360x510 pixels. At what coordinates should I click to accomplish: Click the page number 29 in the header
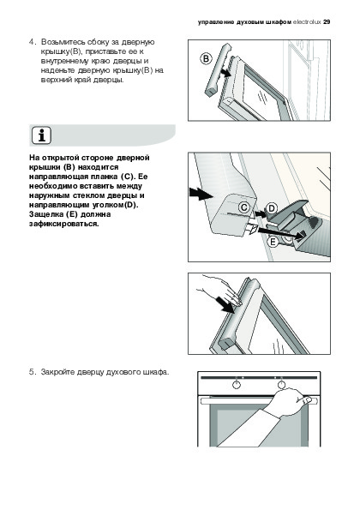pyautogui.click(x=327, y=22)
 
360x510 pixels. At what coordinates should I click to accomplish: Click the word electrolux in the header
pyautogui.click(x=307, y=22)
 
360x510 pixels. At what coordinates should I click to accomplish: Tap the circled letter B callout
pyautogui.click(x=206, y=59)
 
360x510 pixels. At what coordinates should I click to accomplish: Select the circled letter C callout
pyautogui.click(x=244, y=207)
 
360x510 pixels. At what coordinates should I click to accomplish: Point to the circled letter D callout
pyautogui.click(x=272, y=208)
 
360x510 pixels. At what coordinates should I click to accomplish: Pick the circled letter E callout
pyautogui.click(x=273, y=242)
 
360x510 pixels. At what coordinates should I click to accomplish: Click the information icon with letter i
pyautogui.click(x=42, y=135)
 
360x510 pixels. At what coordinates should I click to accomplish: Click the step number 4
pyautogui.click(x=32, y=42)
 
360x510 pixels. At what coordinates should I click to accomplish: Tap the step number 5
pyautogui.click(x=32, y=372)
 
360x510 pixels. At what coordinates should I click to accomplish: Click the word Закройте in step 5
pyautogui.click(x=58, y=372)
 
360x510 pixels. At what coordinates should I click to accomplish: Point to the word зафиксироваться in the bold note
pyautogui.click(x=63, y=224)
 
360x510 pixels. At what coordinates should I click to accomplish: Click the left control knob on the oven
pyautogui.click(x=237, y=385)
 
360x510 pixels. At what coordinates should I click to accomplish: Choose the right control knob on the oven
pyautogui.click(x=281, y=385)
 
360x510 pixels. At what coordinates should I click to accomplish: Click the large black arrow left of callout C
pyautogui.click(x=201, y=195)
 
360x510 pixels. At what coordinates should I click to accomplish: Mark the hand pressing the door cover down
pyautogui.click(x=221, y=290)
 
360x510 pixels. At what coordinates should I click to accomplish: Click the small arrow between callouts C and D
pyautogui.click(x=261, y=213)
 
